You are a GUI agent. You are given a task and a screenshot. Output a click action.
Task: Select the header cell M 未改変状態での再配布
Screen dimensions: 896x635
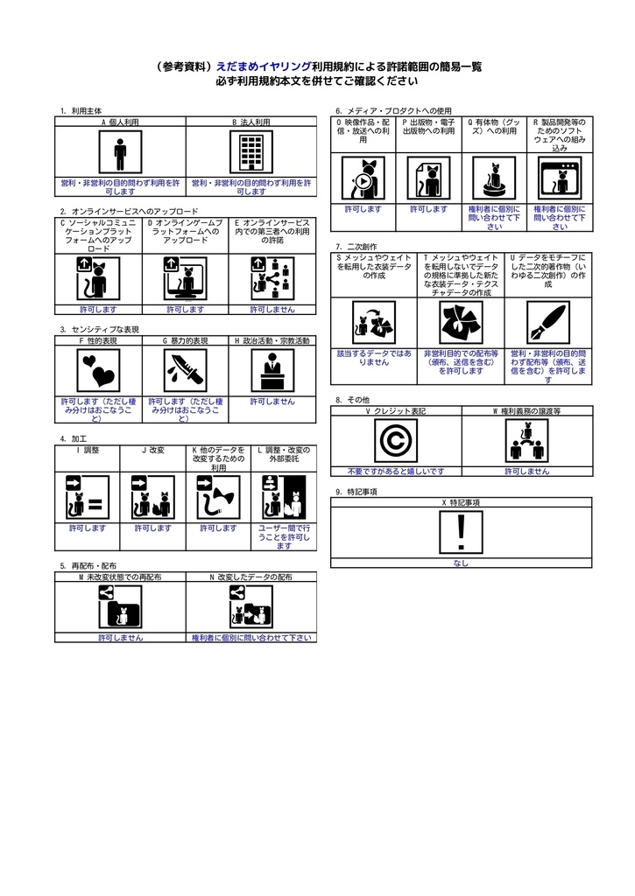point(120,577)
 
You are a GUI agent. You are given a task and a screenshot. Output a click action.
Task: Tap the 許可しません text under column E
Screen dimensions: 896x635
point(272,309)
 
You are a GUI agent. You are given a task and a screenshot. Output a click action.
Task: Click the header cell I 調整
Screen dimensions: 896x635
point(88,450)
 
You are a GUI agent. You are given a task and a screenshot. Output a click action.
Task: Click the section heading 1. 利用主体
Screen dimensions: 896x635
point(81,111)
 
